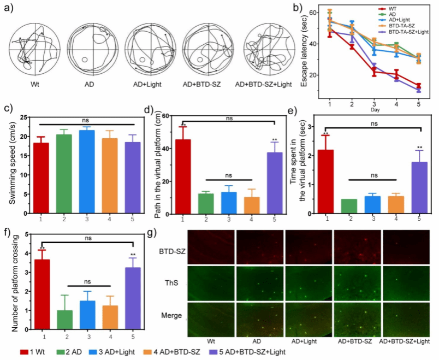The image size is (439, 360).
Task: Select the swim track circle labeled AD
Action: click(x=89, y=49)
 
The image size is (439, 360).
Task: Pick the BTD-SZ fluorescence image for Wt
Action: click(x=211, y=246)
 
